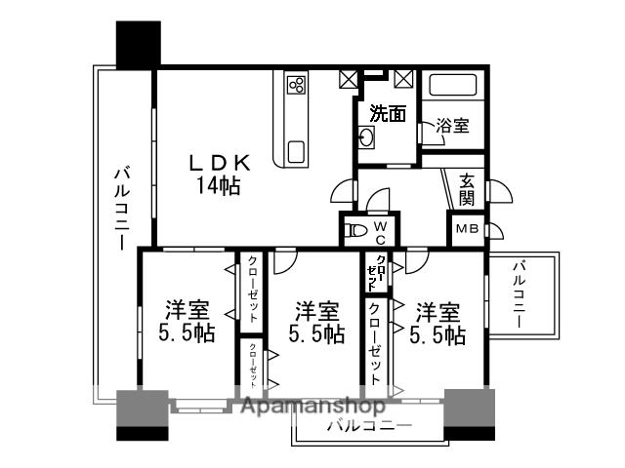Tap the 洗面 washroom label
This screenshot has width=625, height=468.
(388, 114)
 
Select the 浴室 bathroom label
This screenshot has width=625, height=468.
(451, 126)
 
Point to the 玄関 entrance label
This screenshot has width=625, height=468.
(468, 189)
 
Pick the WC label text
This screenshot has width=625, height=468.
(381, 232)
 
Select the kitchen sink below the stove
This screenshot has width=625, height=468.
(297, 151)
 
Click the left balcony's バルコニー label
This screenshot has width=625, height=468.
(122, 207)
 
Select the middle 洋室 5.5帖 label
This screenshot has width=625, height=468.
(315, 323)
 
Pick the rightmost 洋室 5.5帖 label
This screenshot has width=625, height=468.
(437, 323)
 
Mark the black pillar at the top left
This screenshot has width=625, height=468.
(138, 43)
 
